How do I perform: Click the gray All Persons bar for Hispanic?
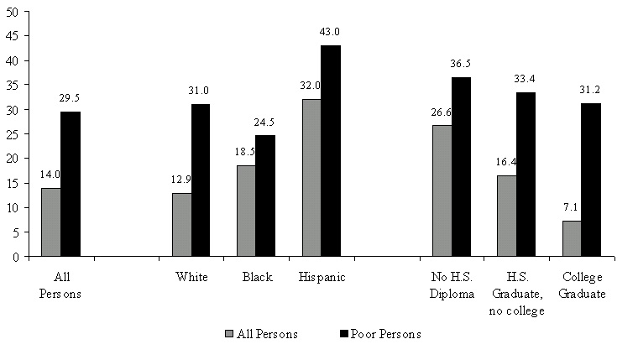tap(311, 178)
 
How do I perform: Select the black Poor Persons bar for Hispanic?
tap(331, 151)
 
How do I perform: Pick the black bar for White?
tap(201, 180)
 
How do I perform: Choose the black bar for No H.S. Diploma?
tap(461, 167)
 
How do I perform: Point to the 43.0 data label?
tap(329, 32)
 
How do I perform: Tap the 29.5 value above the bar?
tap(70, 97)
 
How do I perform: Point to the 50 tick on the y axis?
tap(15, 12)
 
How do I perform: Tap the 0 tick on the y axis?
tap(18, 257)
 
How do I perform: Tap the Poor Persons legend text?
tap(388, 334)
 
